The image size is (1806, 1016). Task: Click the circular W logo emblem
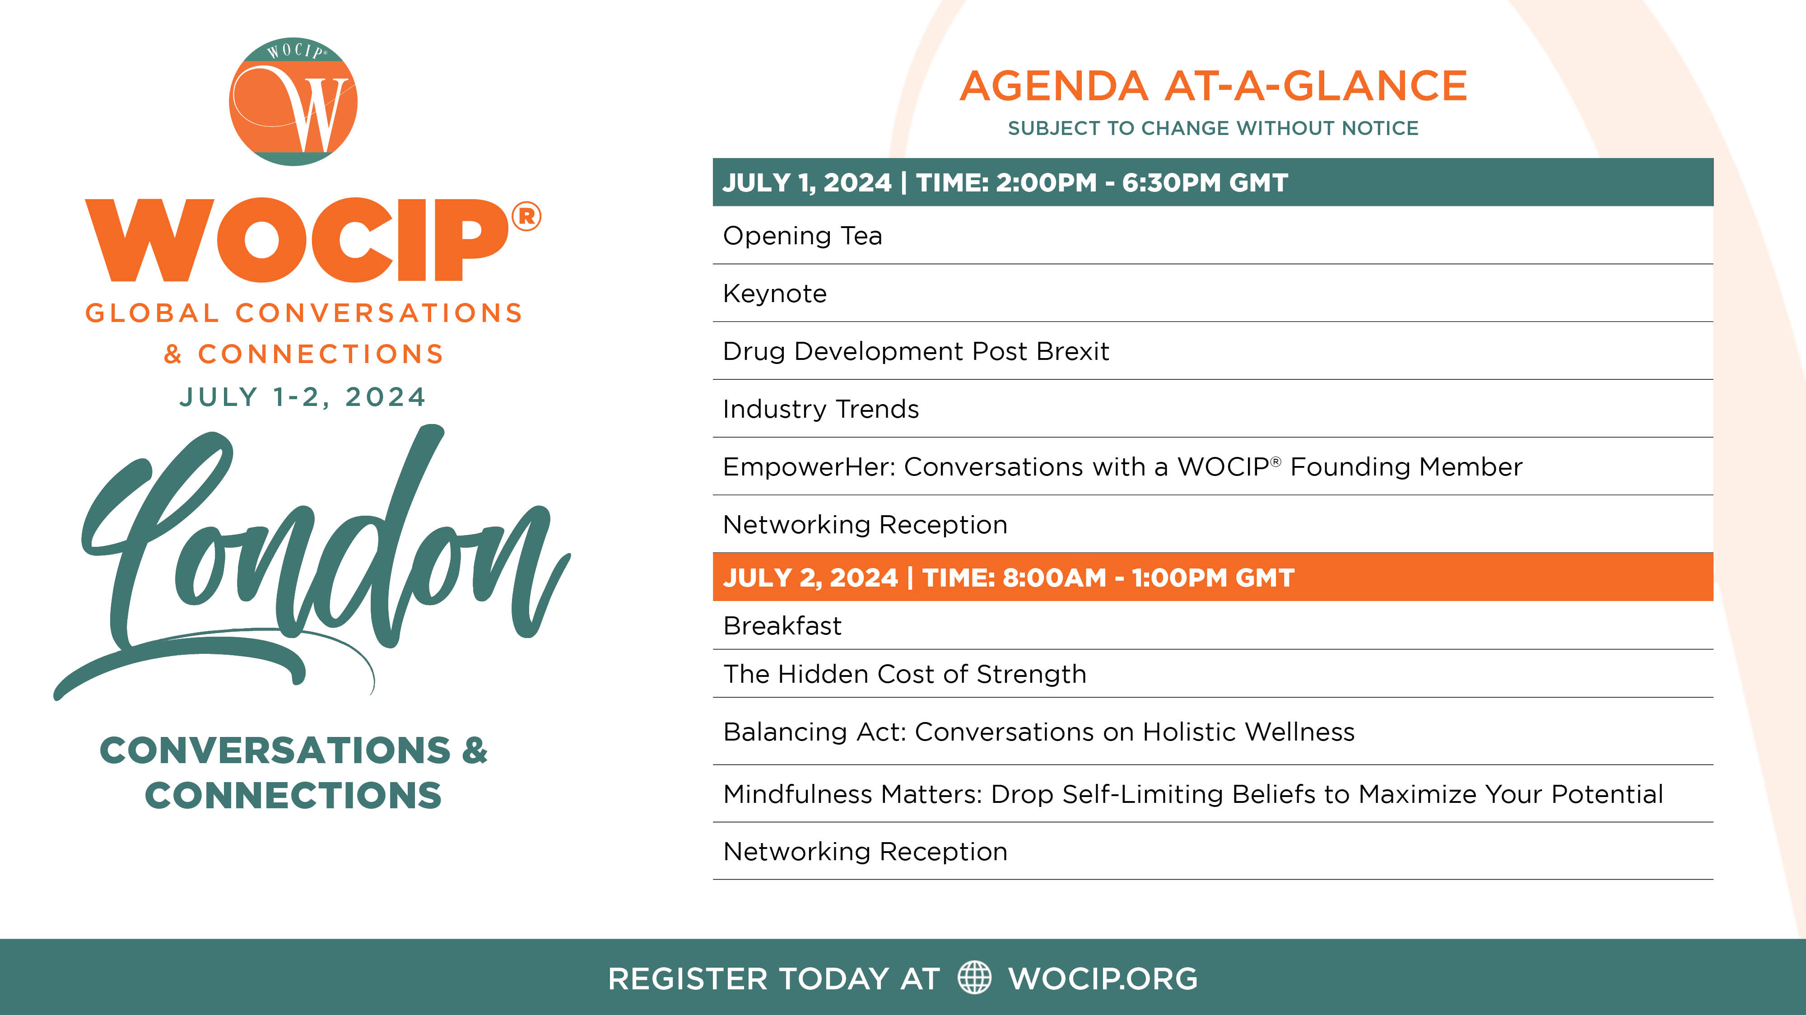[293, 102]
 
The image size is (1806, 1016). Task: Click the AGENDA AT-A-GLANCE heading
[1213, 86]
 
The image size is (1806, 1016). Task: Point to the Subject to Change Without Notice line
[1213, 128]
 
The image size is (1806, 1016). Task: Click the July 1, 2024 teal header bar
[1213, 182]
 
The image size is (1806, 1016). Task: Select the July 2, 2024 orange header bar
[1213, 577]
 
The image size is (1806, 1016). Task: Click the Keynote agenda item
[775, 293]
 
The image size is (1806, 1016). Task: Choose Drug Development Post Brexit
[916, 351]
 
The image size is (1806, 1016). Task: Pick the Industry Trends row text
[820, 409]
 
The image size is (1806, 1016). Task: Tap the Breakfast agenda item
[782, 625]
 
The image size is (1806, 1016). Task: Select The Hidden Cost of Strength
[904, 674]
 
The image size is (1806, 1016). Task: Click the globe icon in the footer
[974, 978]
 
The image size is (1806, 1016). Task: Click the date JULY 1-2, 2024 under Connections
[303, 397]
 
